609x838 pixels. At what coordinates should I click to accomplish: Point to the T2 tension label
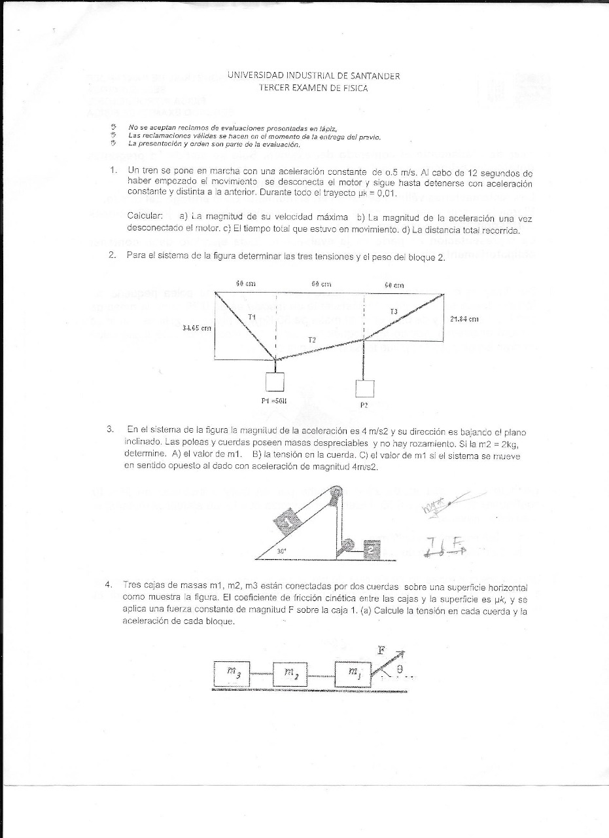pyautogui.click(x=312, y=339)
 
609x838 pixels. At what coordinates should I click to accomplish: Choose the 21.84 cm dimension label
pyautogui.click(x=465, y=319)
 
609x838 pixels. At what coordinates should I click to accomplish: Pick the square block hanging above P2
pyautogui.click(x=364, y=389)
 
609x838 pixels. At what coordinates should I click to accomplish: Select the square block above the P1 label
pyautogui.click(x=274, y=382)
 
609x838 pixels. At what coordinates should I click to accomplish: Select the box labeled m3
pyautogui.click(x=232, y=672)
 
